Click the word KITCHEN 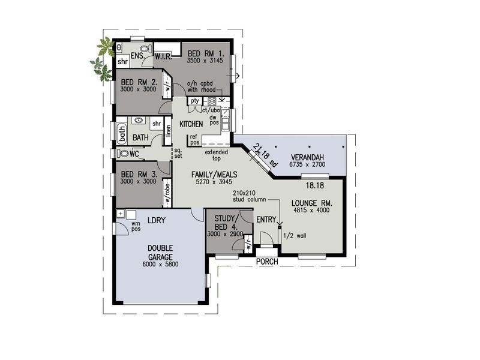click(191, 124)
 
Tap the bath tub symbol click(121, 133)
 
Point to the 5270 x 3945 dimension click(214, 182)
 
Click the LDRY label click(156, 221)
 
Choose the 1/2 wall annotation click(295, 235)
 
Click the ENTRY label click(266, 221)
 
